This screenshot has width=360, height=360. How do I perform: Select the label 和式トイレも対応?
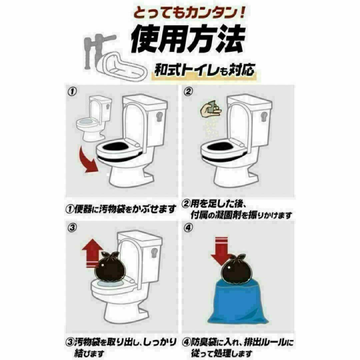coord(204,70)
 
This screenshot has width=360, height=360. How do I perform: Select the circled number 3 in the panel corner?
coord(72,228)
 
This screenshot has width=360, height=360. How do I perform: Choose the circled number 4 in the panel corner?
coord(188,228)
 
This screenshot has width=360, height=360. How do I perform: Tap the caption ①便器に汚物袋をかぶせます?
coord(121,209)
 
